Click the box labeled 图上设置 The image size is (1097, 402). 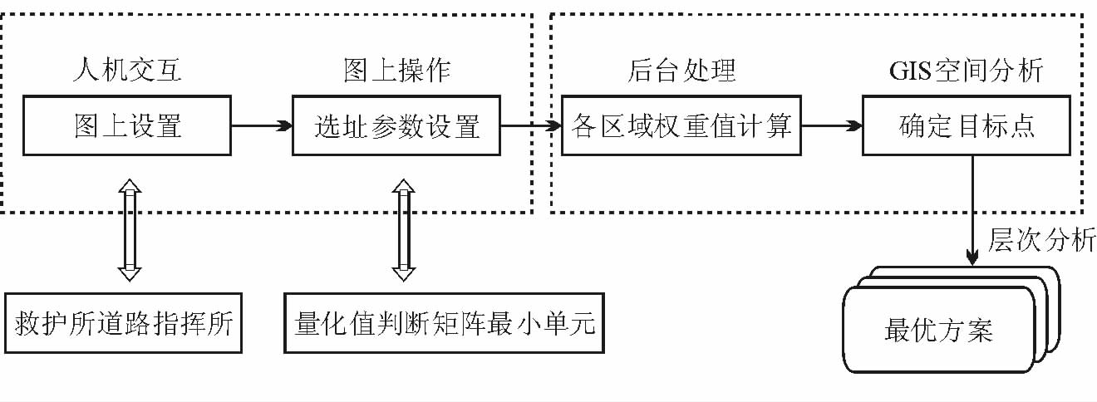click(125, 126)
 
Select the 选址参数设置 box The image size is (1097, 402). click(396, 126)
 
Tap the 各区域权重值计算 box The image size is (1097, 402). click(681, 126)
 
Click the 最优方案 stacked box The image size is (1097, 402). click(939, 331)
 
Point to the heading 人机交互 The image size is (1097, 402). click(125, 71)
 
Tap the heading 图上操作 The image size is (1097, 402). click(396, 71)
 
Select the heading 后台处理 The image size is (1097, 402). click(681, 71)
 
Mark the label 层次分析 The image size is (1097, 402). click(1041, 240)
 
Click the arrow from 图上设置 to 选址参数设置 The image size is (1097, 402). click(261, 126)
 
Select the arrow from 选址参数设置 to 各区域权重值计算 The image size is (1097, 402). click(532, 126)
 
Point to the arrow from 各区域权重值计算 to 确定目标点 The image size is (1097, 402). click(832, 126)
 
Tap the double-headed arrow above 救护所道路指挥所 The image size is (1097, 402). click(130, 228)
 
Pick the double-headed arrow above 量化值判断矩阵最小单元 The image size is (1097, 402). click(403, 228)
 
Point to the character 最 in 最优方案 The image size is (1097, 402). click(898, 331)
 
